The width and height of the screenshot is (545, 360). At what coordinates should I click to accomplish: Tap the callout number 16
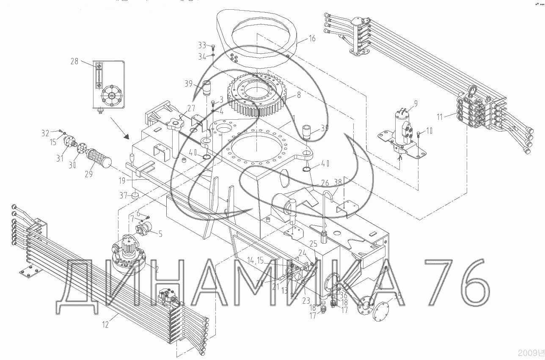(x=312, y=39)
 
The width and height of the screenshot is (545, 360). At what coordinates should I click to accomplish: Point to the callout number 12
(x=105, y=325)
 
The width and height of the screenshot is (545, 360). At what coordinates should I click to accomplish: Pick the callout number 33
(x=202, y=45)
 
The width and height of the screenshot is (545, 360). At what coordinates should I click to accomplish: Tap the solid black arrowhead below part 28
(x=125, y=136)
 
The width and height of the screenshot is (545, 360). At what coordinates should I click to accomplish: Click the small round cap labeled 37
(x=135, y=196)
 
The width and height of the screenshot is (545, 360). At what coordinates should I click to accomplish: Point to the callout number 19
(x=122, y=181)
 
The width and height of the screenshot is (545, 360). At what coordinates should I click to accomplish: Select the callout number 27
(x=191, y=107)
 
